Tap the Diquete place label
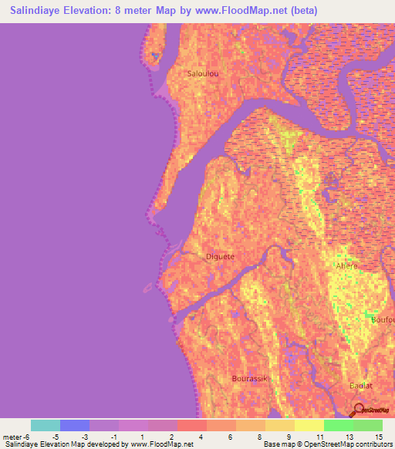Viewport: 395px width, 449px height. click(220, 256)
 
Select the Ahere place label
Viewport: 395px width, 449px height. click(346, 265)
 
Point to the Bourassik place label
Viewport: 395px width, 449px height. click(248, 378)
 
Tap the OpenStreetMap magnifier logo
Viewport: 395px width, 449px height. click(359, 409)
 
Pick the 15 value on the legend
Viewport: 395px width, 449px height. click(378, 436)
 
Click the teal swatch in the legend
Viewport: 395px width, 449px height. click(46, 425)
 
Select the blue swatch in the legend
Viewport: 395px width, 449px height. click(75, 425)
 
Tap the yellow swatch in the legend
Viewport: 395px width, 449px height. click(309, 425)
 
